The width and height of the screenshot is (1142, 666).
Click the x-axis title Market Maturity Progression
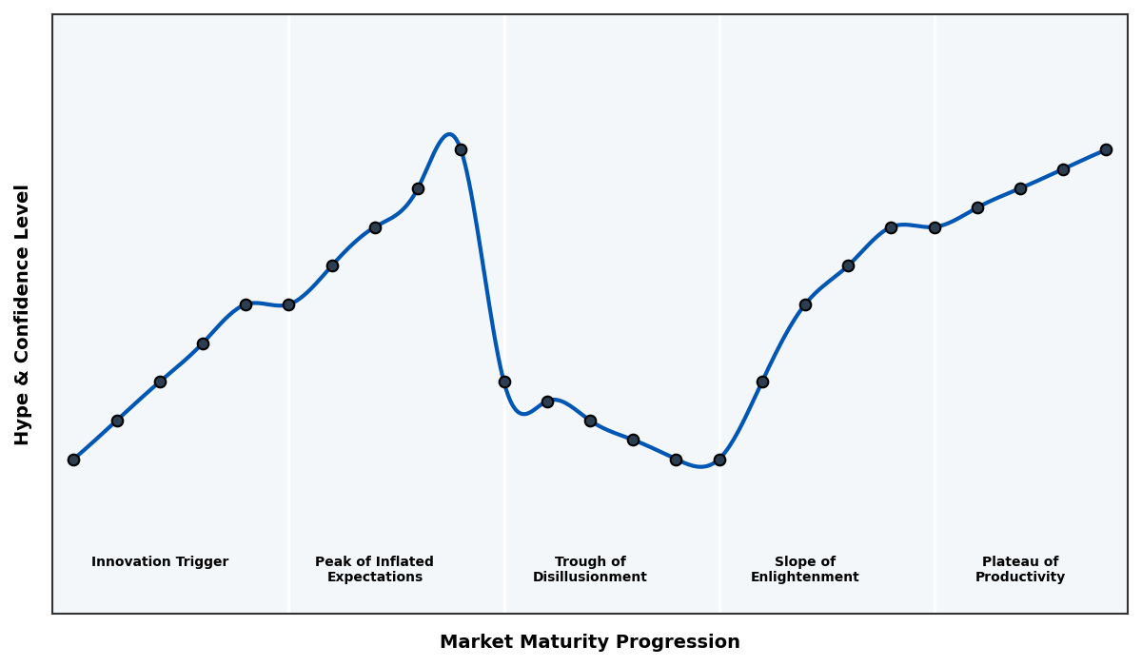(589, 642)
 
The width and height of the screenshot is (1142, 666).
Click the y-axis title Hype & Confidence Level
(23, 314)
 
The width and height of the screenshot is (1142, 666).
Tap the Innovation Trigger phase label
(160, 562)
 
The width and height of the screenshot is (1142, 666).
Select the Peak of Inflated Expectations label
(374, 569)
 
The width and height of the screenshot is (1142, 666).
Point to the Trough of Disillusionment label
(589, 569)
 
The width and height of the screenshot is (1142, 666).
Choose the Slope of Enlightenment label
(804, 569)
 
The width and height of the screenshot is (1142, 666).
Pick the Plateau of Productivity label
(1019, 569)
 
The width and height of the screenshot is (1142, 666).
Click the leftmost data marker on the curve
(73, 460)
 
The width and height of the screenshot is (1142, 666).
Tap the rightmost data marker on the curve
(1106, 149)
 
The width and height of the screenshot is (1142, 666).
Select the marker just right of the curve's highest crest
(461, 149)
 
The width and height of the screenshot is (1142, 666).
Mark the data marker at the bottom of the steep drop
(504, 382)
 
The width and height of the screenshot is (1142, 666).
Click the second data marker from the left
(117, 421)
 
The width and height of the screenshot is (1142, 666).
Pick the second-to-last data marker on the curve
(1063, 169)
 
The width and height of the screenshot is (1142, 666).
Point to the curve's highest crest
(449, 134)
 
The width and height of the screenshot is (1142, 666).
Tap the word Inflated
(402, 562)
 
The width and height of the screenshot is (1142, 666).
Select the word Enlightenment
(804, 578)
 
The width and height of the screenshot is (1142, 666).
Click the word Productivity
(1019, 578)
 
